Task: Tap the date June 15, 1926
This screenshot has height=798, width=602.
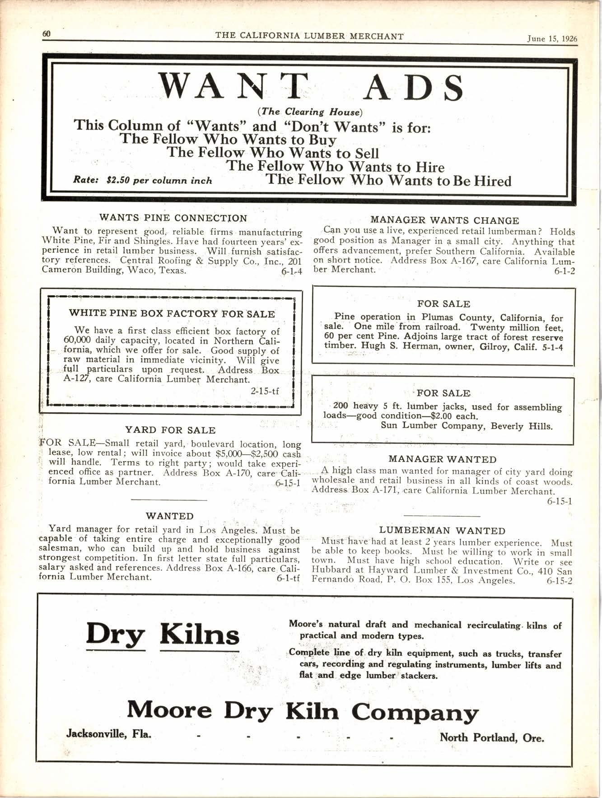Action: tap(552, 39)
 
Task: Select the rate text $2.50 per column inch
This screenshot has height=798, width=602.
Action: tap(159, 181)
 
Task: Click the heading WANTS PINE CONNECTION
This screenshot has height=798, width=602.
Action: tap(173, 218)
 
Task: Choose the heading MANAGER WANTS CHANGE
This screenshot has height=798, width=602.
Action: tap(444, 220)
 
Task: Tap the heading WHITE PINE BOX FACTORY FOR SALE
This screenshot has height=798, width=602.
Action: tap(172, 313)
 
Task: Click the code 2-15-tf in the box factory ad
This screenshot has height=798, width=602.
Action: tap(265, 391)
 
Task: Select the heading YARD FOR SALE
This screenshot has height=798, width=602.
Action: tap(170, 430)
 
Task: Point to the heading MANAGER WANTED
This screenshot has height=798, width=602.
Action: tap(442, 459)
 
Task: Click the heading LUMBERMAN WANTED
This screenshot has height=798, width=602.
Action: tap(442, 531)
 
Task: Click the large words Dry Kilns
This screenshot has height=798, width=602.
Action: tap(163, 634)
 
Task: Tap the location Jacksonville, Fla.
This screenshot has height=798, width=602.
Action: tap(109, 733)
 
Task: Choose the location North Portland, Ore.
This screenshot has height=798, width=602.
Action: tap(492, 737)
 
